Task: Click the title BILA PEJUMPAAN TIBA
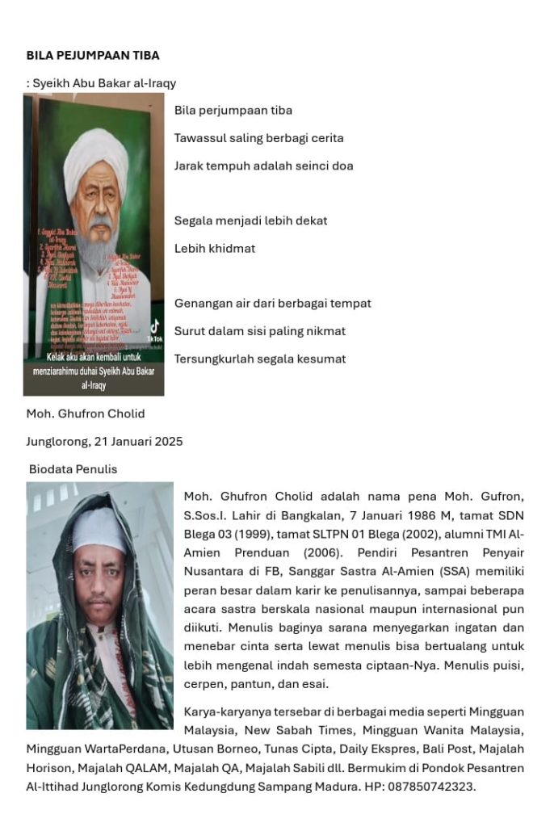point(93,56)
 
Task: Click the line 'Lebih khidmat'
point(215,249)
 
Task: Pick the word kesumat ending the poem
point(319,359)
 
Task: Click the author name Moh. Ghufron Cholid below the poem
point(86,413)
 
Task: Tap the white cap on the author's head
point(100,529)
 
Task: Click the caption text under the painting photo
point(94,371)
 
